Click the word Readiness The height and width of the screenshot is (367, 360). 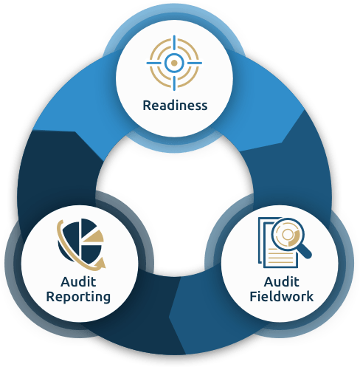pos(175,106)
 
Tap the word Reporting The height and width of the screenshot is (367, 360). pos(78,297)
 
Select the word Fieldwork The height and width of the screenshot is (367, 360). pos(282,296)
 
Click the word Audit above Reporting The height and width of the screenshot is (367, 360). pos(78,282)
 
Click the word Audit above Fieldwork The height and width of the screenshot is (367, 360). pos(282,282)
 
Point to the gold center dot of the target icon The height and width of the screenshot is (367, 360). pos(174,63)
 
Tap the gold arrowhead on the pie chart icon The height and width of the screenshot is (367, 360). pos(101,263)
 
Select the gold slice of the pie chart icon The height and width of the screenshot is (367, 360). pos(94,237)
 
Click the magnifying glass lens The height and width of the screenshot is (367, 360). pos(288,234)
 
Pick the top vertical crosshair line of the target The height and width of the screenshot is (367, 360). pos(174,44)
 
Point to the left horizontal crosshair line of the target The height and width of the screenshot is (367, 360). pos(154,63)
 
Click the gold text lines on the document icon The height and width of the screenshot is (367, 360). pos(281,256)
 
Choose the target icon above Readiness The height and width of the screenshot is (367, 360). pos(174,63)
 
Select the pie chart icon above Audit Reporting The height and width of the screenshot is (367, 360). pos(81,244)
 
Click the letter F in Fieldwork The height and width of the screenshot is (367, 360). pos(254,296)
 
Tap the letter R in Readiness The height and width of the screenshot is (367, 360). pos(147,106)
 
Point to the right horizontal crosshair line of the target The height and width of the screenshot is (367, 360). pos(194,63)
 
